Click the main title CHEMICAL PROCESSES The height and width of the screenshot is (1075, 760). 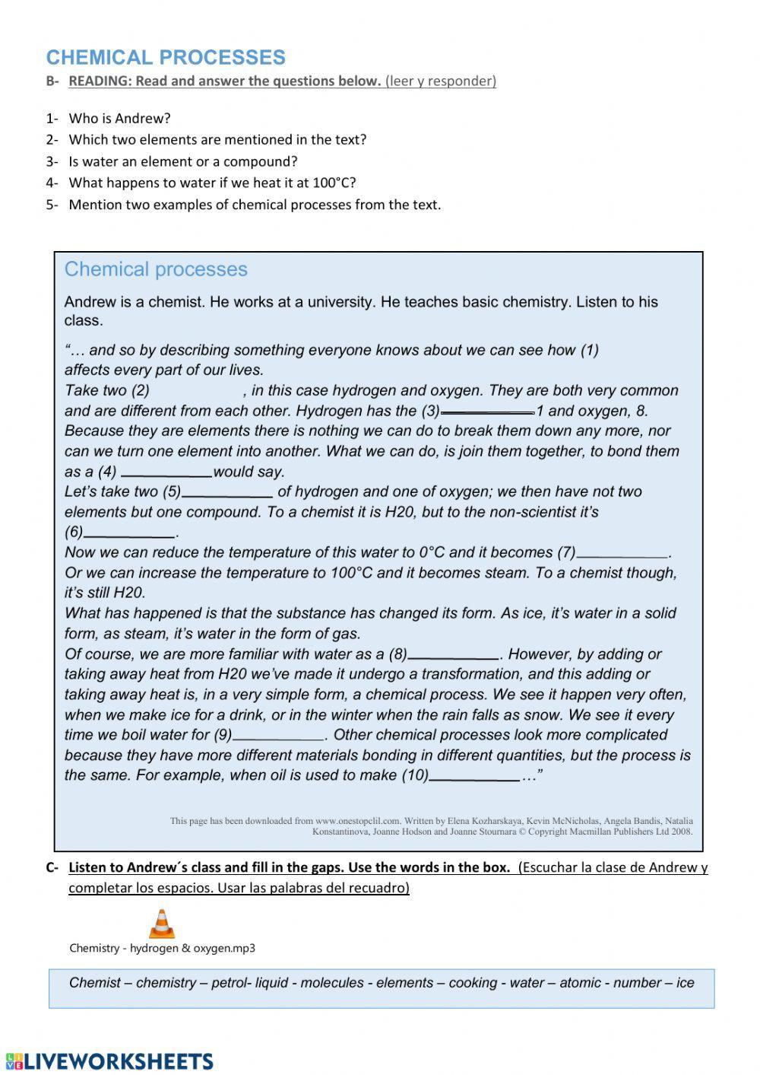[x=166, y=58]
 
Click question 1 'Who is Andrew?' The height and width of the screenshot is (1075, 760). [x=119, y=119]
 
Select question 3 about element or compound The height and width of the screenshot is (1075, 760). [x=182, y=161]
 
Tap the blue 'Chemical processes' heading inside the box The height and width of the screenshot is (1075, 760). [x=156, y=269]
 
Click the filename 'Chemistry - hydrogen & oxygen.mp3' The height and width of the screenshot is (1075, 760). [x=162, y=948]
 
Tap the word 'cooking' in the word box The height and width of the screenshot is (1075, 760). [x=472, y=983]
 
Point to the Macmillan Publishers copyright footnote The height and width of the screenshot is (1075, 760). [x=431, y=826]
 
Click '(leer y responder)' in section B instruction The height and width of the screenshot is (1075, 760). [x=441, y=81]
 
